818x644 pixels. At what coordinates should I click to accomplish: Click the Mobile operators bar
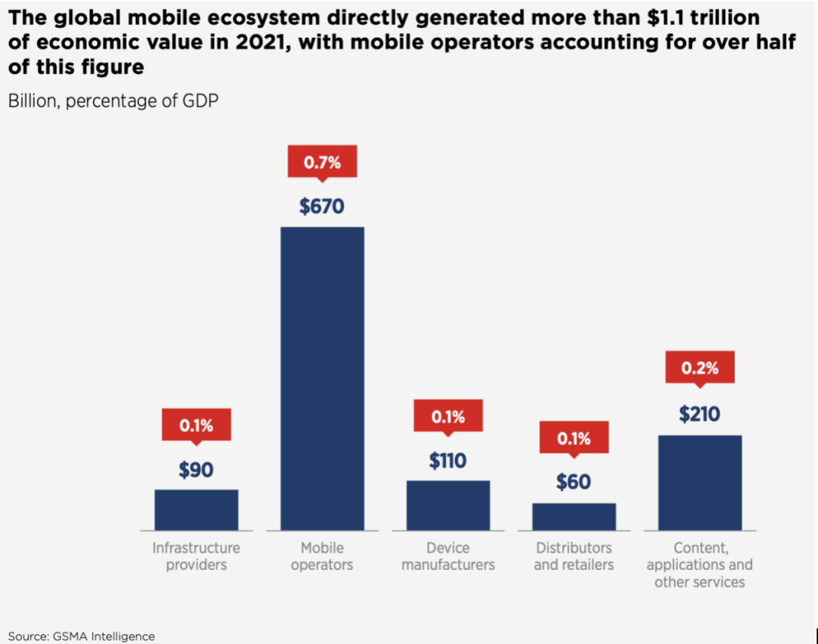coord(322,378)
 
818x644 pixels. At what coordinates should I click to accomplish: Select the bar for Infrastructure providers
coord(196,509)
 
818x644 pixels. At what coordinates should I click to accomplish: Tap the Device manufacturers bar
coord(448,505)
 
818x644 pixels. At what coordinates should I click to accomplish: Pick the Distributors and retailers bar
coord(573,516)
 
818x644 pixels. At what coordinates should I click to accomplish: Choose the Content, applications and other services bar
coord(699,482)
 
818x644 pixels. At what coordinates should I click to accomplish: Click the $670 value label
coord(322,206)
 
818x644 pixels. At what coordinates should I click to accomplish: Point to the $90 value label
coord(196,470)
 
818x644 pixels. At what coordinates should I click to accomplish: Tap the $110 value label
coord(448,460)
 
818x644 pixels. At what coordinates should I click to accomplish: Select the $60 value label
coord(573,482)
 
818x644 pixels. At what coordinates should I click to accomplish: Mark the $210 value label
coord(699,414)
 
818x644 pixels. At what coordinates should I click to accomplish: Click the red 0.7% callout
coord(322,162)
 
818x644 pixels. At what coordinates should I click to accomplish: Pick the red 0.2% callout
coord(699,369)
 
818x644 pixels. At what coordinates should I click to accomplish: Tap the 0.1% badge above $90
coord(196,425)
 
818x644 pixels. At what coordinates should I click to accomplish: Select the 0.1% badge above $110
coord(448,416)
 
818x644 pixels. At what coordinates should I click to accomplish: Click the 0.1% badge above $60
coord(573,438)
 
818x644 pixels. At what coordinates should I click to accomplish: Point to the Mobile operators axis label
coord(322,556)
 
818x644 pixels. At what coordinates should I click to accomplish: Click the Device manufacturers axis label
coord(448,556)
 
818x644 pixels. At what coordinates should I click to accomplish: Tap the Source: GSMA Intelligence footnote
coord(82,636)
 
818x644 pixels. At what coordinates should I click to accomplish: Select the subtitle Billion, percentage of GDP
coord(114,101)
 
